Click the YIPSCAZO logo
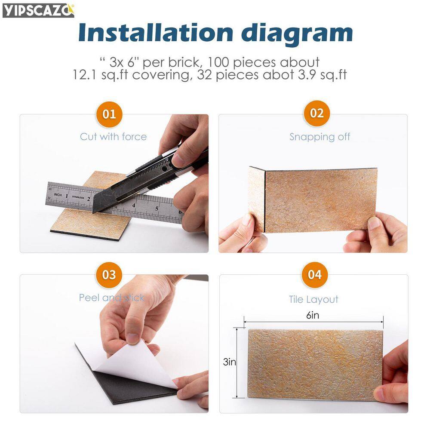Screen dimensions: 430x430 point(38,10)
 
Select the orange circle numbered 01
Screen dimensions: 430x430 point(109,114)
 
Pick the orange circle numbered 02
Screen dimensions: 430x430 point(317,113)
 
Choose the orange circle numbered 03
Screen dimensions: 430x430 point(109,275)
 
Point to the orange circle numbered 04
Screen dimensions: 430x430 point(315,275)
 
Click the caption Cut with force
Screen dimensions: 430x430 point(113,137)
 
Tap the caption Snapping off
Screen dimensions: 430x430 point(320,137)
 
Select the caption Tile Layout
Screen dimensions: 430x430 point(313,299)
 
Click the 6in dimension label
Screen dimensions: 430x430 point(313,315)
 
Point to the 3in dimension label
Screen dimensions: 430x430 point(230,362)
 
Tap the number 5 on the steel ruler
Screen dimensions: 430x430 point(157,209)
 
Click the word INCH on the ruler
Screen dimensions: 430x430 point(58,195)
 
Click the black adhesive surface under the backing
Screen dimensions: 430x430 point(129,384)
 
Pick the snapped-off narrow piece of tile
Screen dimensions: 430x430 point(256,198)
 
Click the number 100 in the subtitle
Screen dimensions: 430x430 point(218,62)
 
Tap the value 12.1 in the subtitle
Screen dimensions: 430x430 point(84,74)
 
